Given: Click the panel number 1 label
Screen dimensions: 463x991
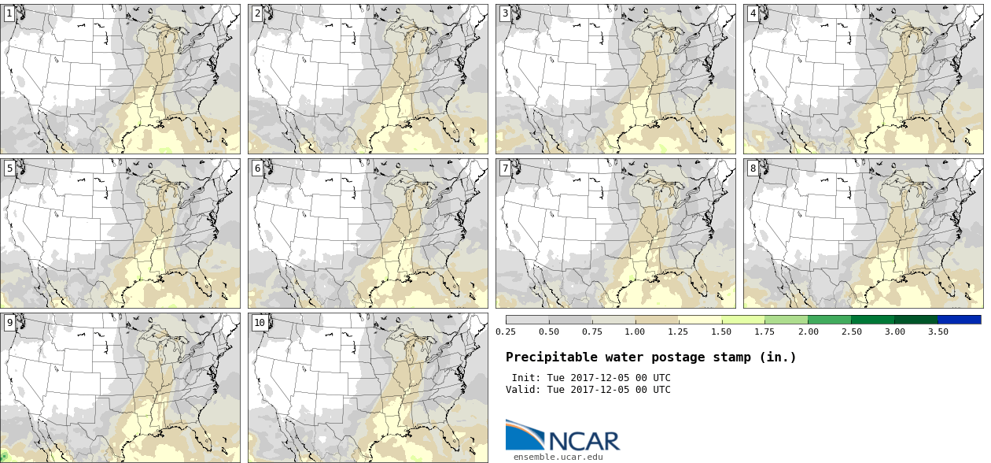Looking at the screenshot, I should [9, 13].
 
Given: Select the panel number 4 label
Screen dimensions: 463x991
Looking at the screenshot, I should [753, 13].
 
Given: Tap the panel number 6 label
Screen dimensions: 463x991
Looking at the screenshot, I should [257, 168].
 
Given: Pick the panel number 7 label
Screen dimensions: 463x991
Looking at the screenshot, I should [505, 168].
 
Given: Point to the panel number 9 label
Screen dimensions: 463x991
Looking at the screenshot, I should [9, 322].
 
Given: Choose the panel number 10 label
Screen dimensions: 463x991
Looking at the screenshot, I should [260, 322].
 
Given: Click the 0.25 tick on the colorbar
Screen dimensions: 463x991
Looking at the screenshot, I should [505, 332].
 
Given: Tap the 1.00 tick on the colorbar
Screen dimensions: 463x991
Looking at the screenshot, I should [635, 332].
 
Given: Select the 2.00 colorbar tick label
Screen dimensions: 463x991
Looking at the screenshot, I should [808, 332].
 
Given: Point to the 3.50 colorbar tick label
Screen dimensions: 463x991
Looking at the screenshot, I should [938, 332].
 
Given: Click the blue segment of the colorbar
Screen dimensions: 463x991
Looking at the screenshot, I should [959, 320].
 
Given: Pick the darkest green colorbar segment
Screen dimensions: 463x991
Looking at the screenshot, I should [915, 320].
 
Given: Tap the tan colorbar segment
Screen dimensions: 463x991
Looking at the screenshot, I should [656, 320].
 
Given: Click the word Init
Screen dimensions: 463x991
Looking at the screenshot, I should [525, 378].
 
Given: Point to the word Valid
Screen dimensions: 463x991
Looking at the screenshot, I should [522, 389].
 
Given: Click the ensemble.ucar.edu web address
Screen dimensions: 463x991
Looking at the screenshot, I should [558, 457].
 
